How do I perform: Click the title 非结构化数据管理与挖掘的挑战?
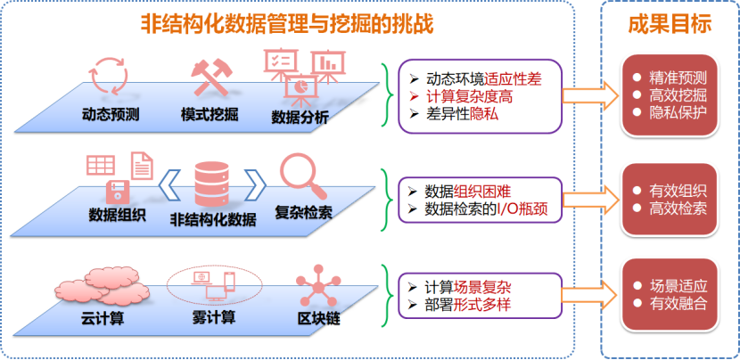click(286, 24)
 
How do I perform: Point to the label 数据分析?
click(300, 117)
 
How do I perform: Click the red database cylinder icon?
click(211, 183)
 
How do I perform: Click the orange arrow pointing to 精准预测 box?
click(593, 94)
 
